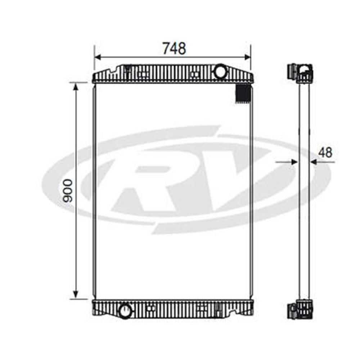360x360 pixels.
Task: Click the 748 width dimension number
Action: point(174,48)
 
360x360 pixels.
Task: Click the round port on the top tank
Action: point(220,71)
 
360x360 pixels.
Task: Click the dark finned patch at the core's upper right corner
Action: point(243,93)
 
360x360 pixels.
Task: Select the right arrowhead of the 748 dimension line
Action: point(247,57)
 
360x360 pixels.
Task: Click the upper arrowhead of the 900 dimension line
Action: point(76,87)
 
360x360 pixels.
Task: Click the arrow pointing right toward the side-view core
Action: point(293,162)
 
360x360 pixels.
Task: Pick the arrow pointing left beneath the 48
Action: point(314,162)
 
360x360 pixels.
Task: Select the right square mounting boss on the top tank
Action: point(195,75)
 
